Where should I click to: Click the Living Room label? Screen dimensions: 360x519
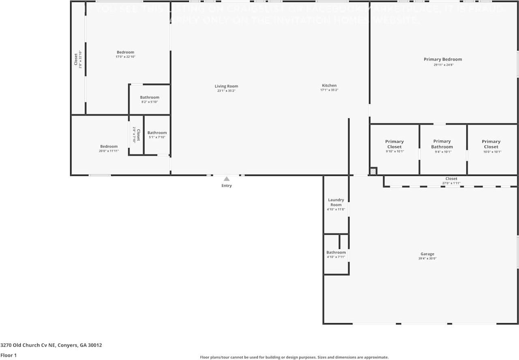tap(226, 86)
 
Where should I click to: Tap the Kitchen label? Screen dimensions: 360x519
tap(329, 86)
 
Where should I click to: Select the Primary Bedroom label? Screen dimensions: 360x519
tap(443, 59)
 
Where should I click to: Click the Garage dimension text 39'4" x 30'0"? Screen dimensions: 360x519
tap(427, 259)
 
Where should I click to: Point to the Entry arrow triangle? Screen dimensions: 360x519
tap(227, 179)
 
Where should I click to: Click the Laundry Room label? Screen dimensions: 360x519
tap(336, 202)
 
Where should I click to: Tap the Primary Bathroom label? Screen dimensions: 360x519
tap(442, 144)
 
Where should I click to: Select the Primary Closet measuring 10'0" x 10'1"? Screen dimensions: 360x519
tap(491, 144)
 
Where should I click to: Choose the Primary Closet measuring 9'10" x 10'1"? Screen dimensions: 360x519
tap(394, 144)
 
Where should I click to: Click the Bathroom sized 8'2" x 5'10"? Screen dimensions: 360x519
tap(150, 97)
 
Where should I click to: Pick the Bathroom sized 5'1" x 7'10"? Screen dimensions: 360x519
tap(157, 133)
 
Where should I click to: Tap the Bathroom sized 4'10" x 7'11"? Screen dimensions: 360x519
tap(336, 252)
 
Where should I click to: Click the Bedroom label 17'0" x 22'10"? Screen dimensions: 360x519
tap(125, 52)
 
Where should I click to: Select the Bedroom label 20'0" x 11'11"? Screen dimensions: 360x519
tap(109, 146)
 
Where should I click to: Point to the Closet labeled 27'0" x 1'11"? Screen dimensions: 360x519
tap(451, 179)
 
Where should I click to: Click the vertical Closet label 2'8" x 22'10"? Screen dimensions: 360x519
tap(76, 59)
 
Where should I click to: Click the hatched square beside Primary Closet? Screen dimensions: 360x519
tap(373, 171)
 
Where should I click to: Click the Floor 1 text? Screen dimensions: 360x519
tap(8, 355)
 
